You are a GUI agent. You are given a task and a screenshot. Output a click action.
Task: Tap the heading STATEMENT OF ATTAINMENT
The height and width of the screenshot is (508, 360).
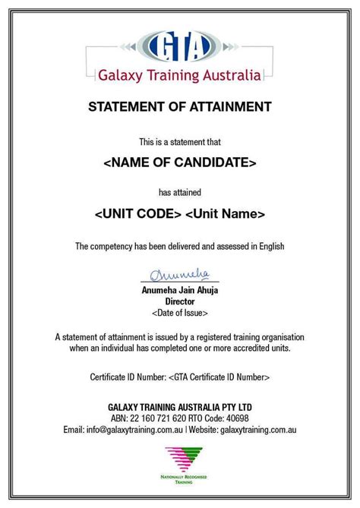coord(179,107)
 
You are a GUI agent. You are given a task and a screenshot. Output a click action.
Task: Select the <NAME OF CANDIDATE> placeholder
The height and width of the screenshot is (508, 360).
coord(179,162)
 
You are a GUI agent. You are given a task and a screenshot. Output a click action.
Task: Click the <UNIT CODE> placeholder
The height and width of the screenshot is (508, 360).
coord(138,214)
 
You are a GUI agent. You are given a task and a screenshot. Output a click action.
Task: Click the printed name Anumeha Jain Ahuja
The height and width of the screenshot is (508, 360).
coord(179,290)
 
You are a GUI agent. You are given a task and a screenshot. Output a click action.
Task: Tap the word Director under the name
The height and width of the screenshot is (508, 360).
coord(179,301)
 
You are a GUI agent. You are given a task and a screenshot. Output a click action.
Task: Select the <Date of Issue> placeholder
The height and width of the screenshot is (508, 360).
coord(179,312)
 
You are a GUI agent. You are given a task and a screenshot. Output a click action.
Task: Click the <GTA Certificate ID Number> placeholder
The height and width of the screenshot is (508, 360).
coord(219,376)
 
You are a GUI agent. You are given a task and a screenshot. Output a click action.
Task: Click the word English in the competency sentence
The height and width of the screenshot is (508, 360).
coord(269,245)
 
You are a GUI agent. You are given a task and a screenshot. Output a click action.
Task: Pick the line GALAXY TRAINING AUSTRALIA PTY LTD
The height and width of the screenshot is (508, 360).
coord(179,408)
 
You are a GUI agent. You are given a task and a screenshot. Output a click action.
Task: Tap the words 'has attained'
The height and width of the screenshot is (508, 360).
coord(179,191)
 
